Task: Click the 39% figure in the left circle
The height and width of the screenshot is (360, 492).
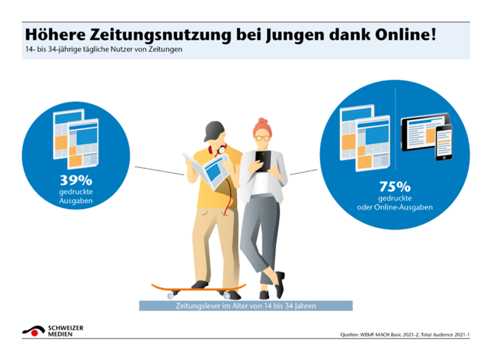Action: coord(76,181)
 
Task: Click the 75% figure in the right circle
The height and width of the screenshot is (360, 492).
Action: coord(395,186)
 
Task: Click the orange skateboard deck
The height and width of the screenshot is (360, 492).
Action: coord(199,288)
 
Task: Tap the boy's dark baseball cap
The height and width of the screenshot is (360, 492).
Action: coord(214,130)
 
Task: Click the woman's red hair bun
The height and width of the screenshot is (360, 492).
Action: coord(262,122)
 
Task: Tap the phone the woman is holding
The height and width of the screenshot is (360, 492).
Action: coord(262,159)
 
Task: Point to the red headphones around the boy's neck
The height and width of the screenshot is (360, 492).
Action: coord(218,149)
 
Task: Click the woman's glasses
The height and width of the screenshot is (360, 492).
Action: coord(262,138)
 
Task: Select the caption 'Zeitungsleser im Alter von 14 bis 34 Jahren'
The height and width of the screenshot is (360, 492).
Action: coord(245,306)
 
